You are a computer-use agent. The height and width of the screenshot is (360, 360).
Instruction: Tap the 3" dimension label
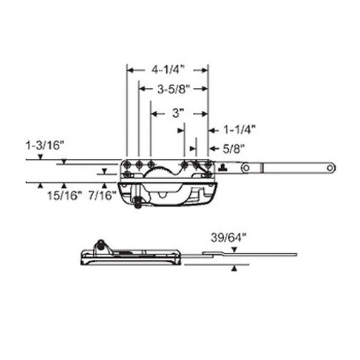(178, 113)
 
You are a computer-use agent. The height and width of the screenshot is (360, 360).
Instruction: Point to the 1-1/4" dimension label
(240, 128)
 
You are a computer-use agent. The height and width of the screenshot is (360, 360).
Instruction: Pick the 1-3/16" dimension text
(45, 145)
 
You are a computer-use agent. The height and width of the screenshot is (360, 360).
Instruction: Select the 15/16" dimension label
(63, 195)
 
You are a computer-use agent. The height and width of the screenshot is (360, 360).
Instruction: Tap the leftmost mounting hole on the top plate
(129, 165)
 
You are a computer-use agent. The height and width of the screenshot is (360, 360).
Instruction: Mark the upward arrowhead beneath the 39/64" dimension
(234, 268)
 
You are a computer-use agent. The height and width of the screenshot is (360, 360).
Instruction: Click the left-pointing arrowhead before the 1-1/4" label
(212, 129)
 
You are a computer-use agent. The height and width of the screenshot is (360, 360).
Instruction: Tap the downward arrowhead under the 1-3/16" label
(39, 158)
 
